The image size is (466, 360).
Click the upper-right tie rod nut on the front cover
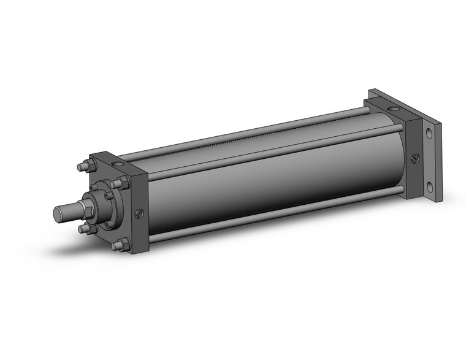(123, 182)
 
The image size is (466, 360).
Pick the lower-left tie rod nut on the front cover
(83, 229)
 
